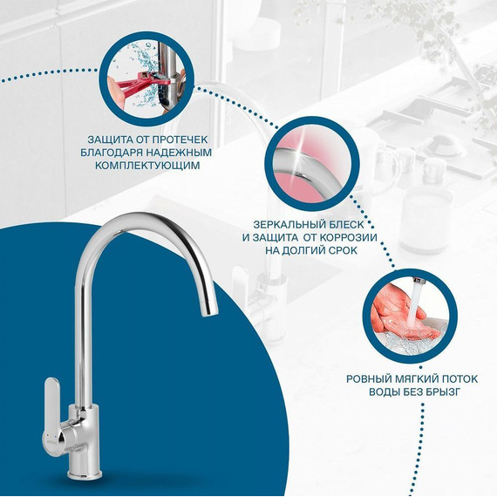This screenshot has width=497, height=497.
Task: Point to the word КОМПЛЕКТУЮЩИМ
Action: point(147,166)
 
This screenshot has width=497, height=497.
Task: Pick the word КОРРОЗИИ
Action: point(349,238)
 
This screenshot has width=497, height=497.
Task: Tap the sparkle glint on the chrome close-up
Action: point(299,153)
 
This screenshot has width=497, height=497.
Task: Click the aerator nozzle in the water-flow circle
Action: point(417,281)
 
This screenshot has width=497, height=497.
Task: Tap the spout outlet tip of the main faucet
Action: point(210,312)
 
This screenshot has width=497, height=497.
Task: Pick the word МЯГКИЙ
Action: point(414,379)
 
